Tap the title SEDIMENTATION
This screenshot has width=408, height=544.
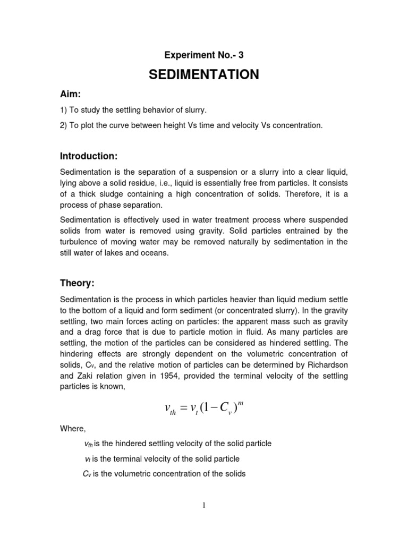tap(204, 75)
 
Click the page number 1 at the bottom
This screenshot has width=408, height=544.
tap(204, 506)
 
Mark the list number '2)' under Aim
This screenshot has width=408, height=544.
tap(64, 125)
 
